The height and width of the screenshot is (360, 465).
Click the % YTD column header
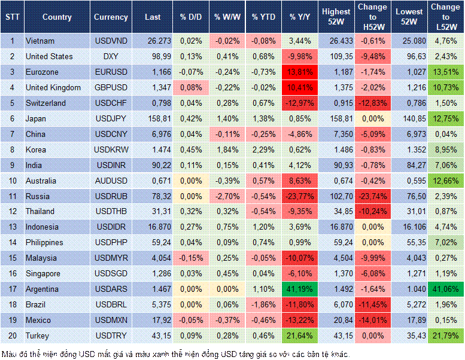tap(263, 17)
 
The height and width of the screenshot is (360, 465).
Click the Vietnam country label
tap(40, 41)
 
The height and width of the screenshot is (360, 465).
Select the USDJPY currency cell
tap(111, 119)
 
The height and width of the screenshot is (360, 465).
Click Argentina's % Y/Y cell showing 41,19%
tap(300, 289)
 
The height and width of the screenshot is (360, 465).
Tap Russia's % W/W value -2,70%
tap(228, 196)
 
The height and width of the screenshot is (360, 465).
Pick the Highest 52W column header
tap(336, 17)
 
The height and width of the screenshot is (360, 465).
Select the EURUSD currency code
tap(111, 72)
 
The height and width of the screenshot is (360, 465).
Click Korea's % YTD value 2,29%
tap(264, 150)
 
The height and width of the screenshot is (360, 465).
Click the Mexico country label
tap(38, 320)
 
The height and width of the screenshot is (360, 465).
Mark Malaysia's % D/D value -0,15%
tap(192, 258)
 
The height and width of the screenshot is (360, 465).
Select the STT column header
tap(12, 17)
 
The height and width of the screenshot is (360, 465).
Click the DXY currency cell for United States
tap(111, 57)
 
